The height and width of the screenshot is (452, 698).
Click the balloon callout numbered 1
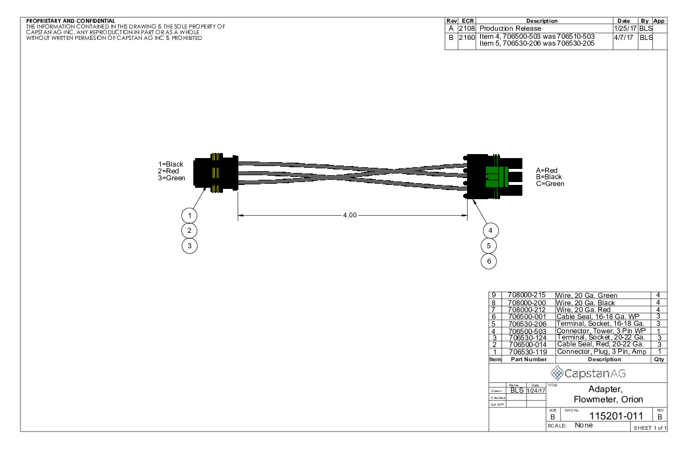(189, 215)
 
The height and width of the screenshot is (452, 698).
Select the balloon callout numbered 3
(189, 246)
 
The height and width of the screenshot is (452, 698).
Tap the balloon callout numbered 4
(489, 230)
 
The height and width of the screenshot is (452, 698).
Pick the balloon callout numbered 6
(489, 261)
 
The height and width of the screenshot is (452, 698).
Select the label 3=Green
(172, 177)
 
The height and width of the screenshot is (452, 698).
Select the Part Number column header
(528, 360)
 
